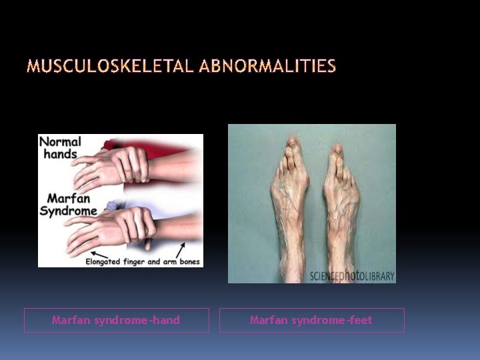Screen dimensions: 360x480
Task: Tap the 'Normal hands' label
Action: coord(61,147)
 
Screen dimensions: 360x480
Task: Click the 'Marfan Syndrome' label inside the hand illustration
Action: coord(69,205)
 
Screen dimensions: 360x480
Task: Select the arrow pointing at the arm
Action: coord(180,251)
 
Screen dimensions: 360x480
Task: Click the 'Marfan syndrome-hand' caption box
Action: coord(116,320)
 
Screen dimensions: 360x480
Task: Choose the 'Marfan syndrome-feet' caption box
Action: coord(311,320)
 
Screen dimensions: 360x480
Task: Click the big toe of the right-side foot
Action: coord(331,148)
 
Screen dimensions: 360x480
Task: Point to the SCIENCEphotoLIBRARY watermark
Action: coord(351,275)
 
